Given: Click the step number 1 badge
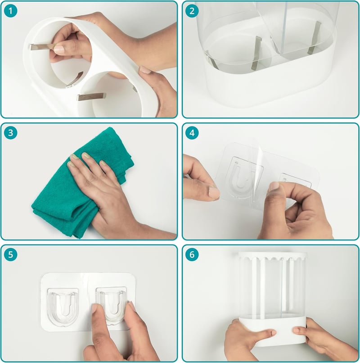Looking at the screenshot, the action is (10, 11).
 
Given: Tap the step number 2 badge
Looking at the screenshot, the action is (192, 11).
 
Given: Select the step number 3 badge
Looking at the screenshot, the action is (10, 133).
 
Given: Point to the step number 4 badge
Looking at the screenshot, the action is (192, 133).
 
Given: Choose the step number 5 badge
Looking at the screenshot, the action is (10, 254).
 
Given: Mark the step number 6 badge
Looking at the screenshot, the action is (192, 254).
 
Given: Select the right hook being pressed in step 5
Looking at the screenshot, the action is (112, 306).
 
